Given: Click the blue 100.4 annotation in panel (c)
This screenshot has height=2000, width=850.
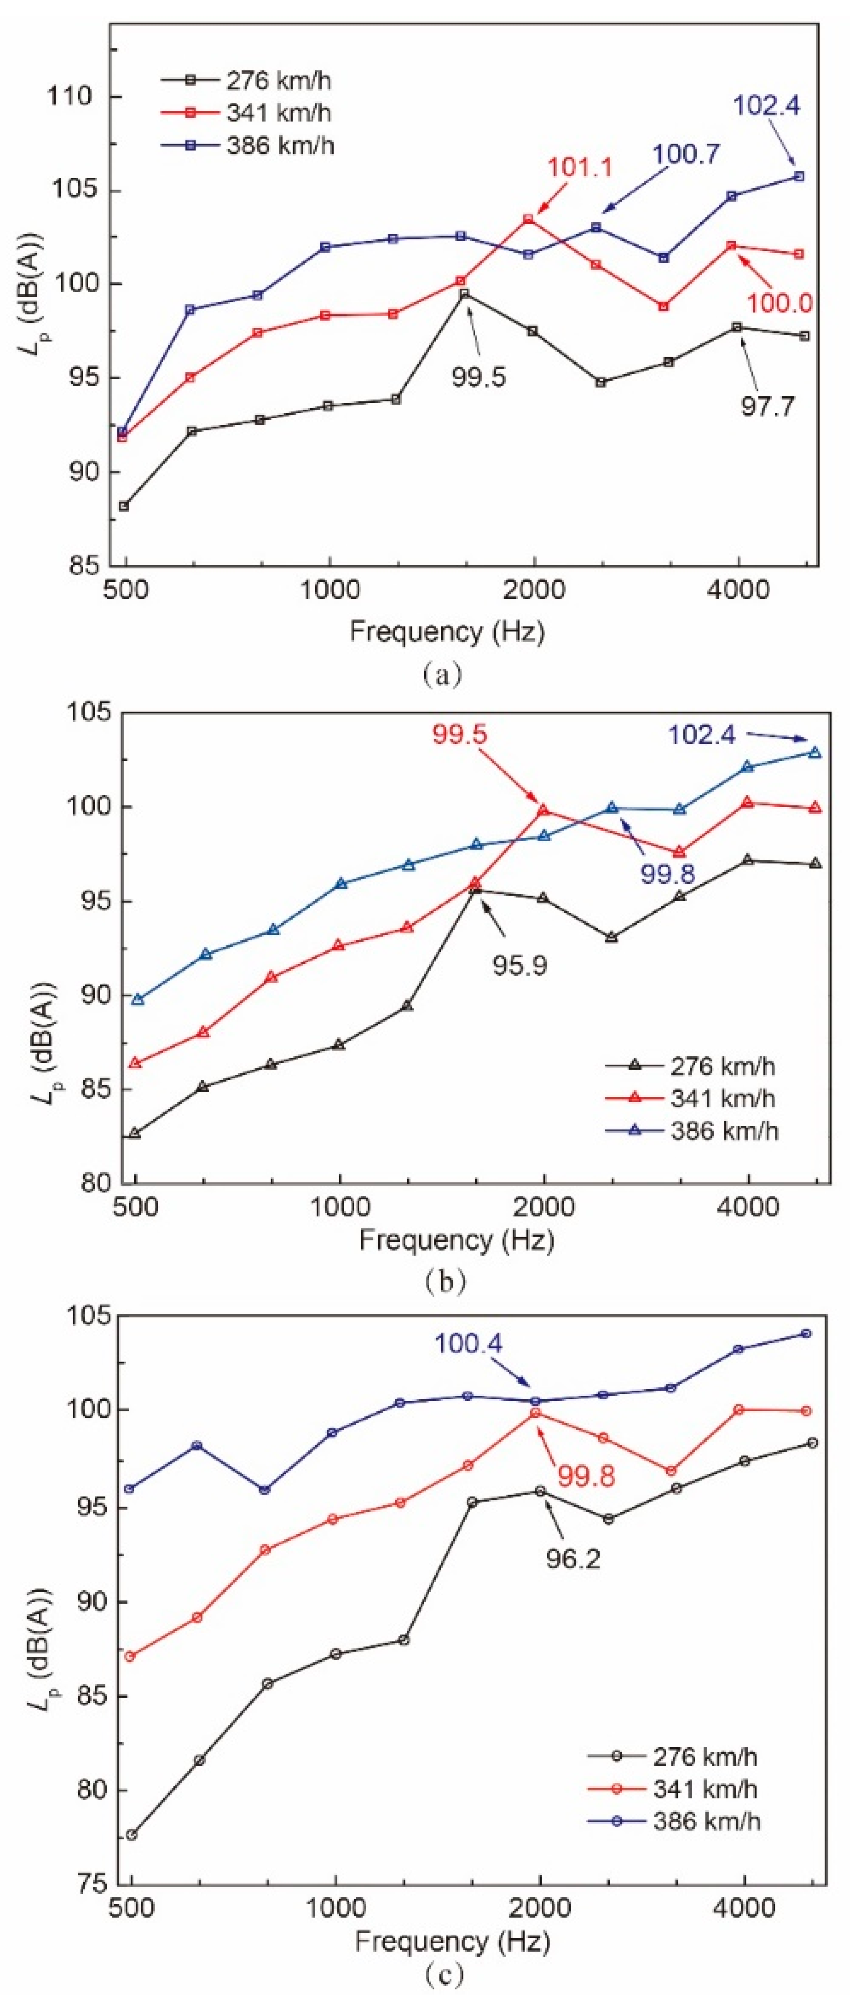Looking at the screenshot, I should (x=468, y=1344).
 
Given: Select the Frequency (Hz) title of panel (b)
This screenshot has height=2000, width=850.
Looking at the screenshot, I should (x=456, y=1240).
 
